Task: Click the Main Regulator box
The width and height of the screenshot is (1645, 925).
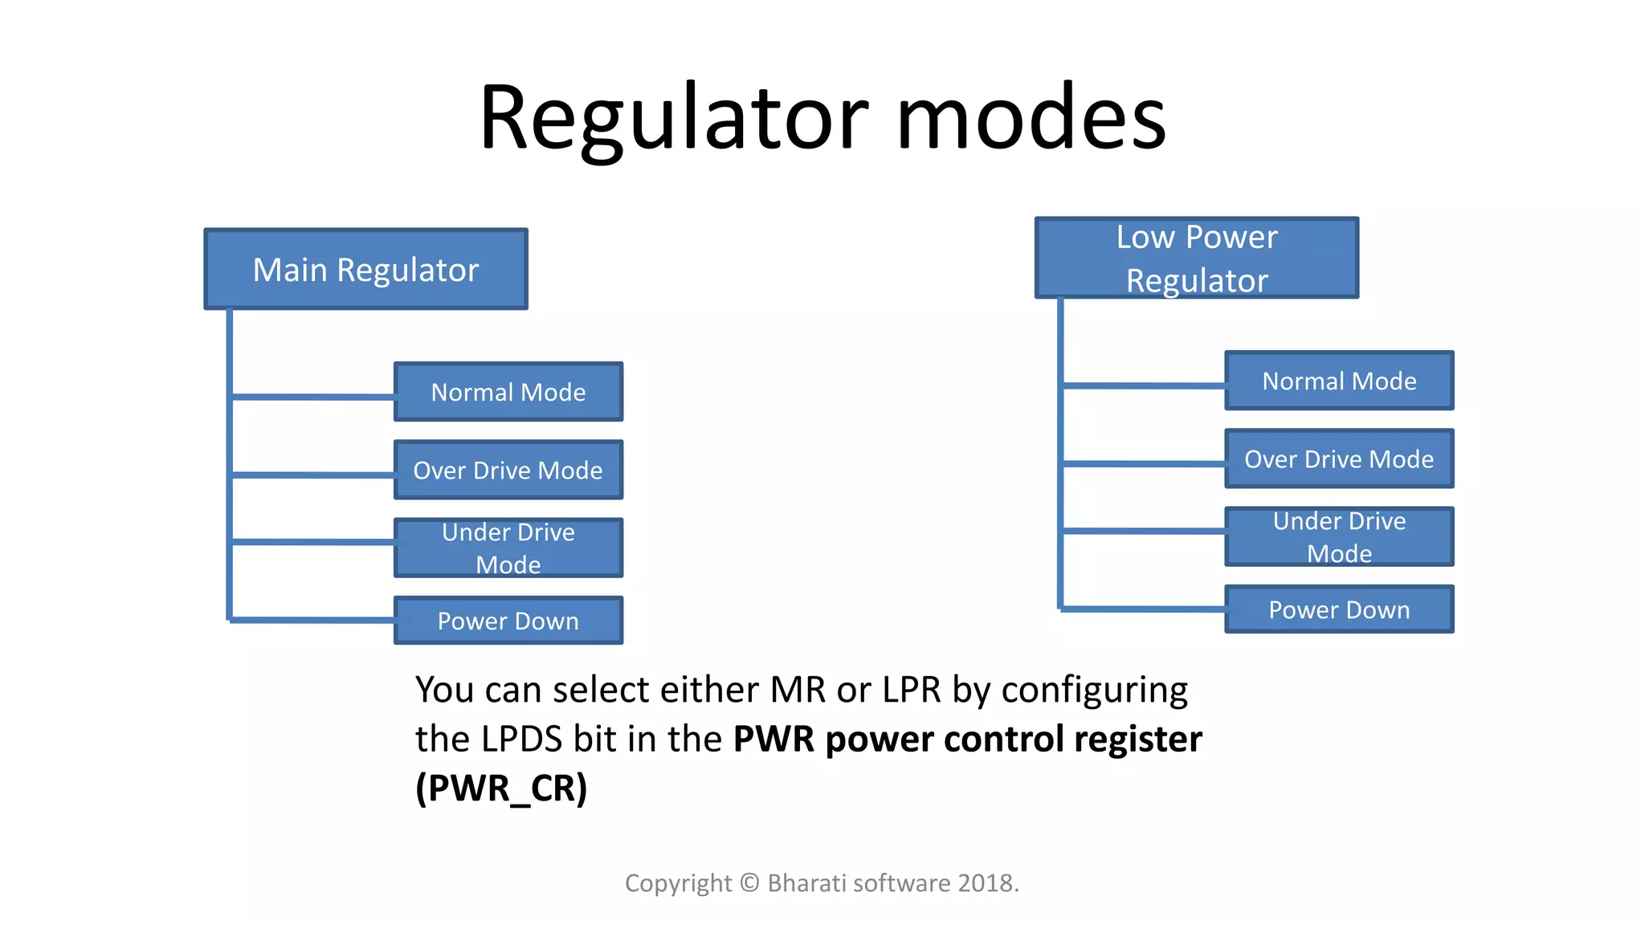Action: pyautogui.click(x=365, y=269)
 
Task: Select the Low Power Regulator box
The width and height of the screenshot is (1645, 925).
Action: pyautogui.click(x=1196, y=258)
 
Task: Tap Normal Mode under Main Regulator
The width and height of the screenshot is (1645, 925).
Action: pyautogui.click(x=508, y=392)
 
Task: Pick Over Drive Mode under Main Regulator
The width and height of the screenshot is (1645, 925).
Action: pyautogui.click(x=508, y=470)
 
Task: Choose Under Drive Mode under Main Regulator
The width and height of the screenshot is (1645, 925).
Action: pyautogui.click(x=508, y=548)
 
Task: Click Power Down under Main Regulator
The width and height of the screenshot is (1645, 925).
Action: pyautogui.click(x=508, y=620)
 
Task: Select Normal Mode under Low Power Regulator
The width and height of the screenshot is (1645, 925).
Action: pyautogui.click(x=1339, y=381)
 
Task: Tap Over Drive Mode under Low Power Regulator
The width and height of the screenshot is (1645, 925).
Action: pyautogui.click(x=1339, y=458)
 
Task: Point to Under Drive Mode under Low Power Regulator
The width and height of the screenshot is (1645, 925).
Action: pyautogui.click(x=1339, y=536)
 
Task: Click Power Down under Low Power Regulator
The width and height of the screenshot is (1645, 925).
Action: pyautogui.click(x=1339, y=609)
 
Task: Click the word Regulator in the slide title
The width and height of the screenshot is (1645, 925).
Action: pyautogui.click(x=673, y=119)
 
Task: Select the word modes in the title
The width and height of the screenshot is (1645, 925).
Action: pyautogui.click(x=1031, y=119)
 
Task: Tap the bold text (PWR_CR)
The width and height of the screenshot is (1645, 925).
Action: pyautogui.click(x=501, y=788)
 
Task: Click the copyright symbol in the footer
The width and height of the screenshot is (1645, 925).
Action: pyautogui.click(x=749, y=883)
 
